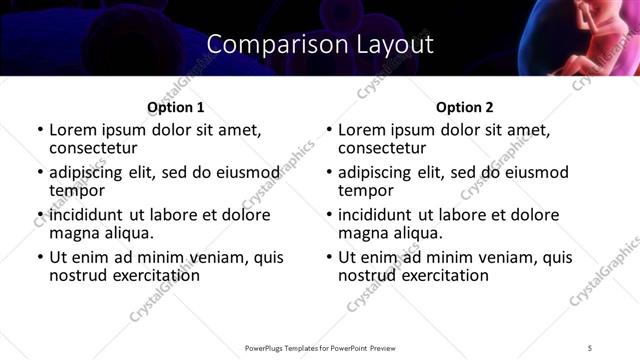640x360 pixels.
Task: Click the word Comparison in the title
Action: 262,45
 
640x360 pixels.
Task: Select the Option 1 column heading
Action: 175,107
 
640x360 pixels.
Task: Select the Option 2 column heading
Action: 465,107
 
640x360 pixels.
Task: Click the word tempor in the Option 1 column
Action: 77,191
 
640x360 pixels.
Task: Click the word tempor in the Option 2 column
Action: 366,191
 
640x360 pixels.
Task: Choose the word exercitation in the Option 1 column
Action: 149,275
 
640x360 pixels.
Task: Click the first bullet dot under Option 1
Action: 39,131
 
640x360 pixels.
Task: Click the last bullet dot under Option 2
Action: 328,257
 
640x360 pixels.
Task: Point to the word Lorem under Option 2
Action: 361,131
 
